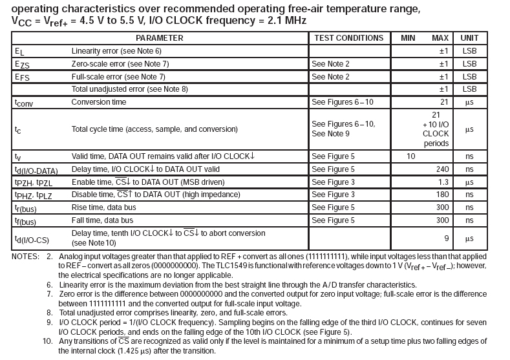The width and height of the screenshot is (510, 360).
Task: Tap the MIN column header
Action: (407, 38)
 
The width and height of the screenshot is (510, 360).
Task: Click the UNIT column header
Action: (469, 38)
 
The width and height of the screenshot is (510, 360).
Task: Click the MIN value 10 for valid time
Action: (410, 156)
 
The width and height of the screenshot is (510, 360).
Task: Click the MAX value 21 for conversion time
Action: (444, 102)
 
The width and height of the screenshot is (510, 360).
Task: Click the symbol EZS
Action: (21, 64)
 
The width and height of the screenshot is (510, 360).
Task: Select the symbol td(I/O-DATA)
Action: (36, 171)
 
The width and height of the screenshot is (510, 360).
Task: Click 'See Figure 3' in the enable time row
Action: (333, 183)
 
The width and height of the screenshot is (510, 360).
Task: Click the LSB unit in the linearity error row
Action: (469, 50)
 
